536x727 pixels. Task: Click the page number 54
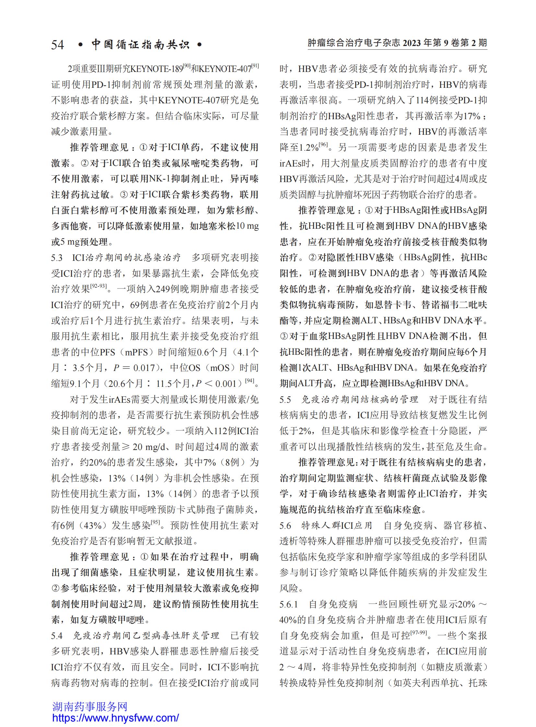click(x=57, y=44)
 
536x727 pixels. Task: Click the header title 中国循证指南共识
click(x=140, y=44)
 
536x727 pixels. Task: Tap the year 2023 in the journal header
click(x=412, y=43)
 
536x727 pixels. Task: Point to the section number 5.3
click(x=57, y=258)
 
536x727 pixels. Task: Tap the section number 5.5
click(x=285, y=399)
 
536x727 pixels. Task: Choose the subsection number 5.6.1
click(x=288, y=604)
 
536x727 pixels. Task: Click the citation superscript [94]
click(x=249, y=381)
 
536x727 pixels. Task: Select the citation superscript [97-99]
click(x=419, y=633)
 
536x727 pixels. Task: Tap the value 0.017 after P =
click(x=144, y=368)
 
